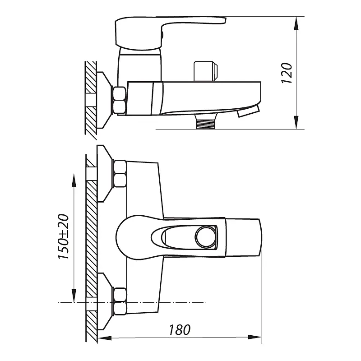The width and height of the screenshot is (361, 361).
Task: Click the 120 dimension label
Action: [287, 73]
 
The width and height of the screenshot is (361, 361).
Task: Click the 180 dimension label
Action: [180, 330]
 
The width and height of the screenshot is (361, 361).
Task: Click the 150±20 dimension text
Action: [64, 236]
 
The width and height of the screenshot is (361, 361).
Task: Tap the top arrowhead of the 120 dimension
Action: [297, 23]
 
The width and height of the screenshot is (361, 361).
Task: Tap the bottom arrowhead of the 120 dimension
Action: [297, 122]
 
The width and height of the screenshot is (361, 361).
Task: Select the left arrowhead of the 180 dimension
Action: [105, 338]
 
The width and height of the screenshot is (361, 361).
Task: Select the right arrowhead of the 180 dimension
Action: [255, 337]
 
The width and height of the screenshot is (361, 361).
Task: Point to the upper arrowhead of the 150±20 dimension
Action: [74, 180]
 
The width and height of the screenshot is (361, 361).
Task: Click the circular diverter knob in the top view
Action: [206, 237]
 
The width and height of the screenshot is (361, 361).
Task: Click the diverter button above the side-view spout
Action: [206, 71]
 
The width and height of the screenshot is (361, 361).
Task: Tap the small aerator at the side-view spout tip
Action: [249, 111]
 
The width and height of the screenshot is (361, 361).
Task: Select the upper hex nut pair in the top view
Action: [120, 174]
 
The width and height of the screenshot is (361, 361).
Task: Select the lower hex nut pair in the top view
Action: [120, 301]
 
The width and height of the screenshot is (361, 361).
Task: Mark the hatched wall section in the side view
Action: [91, 100]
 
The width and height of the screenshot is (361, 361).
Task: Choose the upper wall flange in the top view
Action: [105, 174]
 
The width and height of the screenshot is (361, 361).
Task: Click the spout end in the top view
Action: [244, 237]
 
